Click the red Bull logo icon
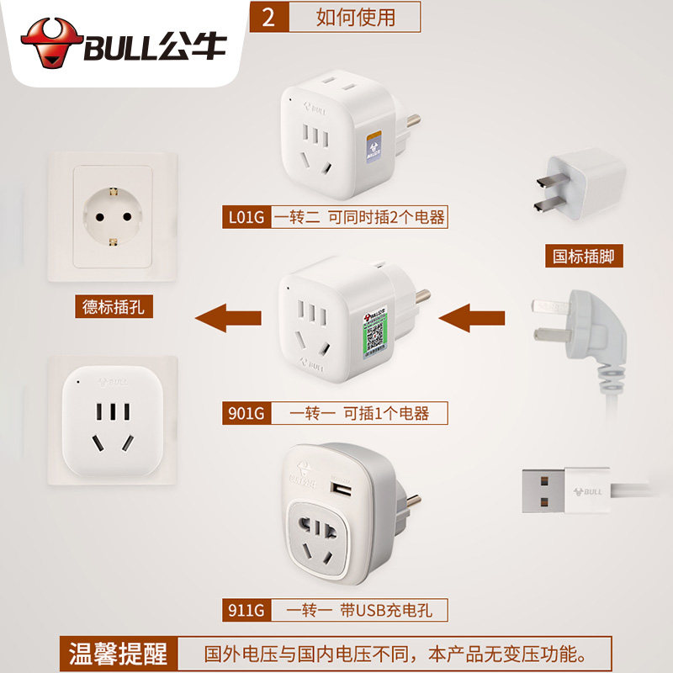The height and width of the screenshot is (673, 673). click(50, 44)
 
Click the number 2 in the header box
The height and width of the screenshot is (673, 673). click(269, 18)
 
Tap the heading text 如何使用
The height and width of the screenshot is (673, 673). click(355, 18)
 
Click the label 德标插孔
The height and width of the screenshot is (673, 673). click(114, 307)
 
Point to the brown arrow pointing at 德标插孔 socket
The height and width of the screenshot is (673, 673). click(227, 318)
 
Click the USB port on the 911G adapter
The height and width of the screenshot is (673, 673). click(341, 488)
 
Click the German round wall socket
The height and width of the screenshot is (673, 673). click(113, 216)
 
